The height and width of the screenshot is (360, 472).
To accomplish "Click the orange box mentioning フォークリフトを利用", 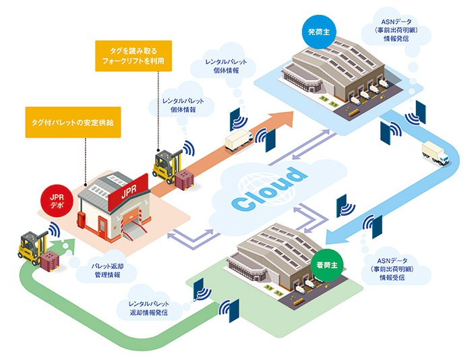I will tap(132, 55).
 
